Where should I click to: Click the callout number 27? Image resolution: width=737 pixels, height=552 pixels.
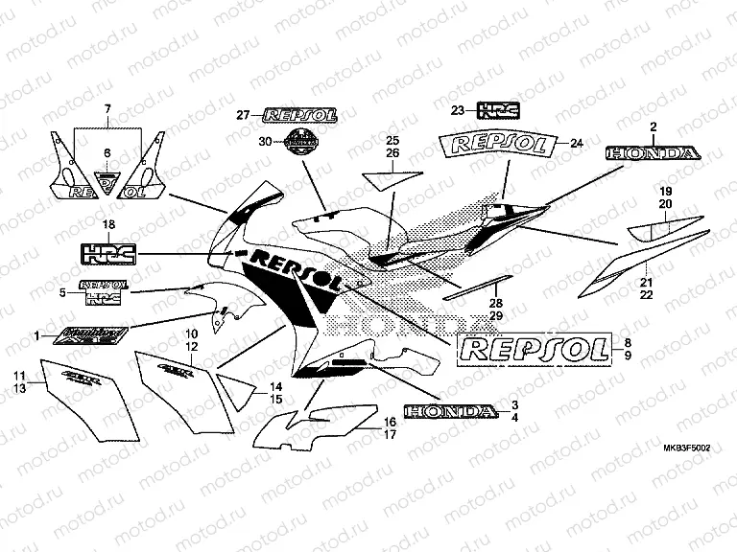[x=243, y=115]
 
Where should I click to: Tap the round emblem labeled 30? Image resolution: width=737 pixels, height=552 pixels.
[x=300, y=142]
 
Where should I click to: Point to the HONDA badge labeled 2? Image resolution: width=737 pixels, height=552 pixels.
[x=652, y=152]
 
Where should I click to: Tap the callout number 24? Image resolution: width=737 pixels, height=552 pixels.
[x=576, y=144]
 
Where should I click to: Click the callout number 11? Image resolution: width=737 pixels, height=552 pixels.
[x=18, y=374]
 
